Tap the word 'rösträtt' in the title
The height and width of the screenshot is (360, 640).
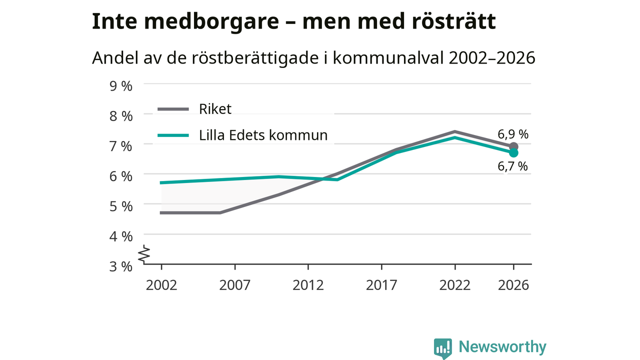454,21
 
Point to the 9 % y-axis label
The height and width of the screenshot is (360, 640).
121,86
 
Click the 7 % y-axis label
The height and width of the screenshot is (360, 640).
121,146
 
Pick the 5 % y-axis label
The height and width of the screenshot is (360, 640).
121,206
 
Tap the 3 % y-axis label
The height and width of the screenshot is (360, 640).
121,266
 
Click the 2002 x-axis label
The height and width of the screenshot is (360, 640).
161,285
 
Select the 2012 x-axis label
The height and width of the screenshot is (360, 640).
308,285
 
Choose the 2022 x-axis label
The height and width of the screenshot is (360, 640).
454,285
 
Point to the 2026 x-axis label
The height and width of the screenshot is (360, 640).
513,285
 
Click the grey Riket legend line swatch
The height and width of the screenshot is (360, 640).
173,109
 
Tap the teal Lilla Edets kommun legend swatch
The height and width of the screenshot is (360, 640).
173,135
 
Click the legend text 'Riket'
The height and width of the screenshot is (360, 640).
215,109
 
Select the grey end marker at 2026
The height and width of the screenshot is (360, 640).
513,147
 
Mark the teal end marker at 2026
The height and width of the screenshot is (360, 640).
513,153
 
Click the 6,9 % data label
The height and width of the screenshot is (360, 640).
513,134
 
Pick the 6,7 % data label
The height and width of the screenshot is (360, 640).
512,166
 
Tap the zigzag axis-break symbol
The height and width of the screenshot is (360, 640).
144,254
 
